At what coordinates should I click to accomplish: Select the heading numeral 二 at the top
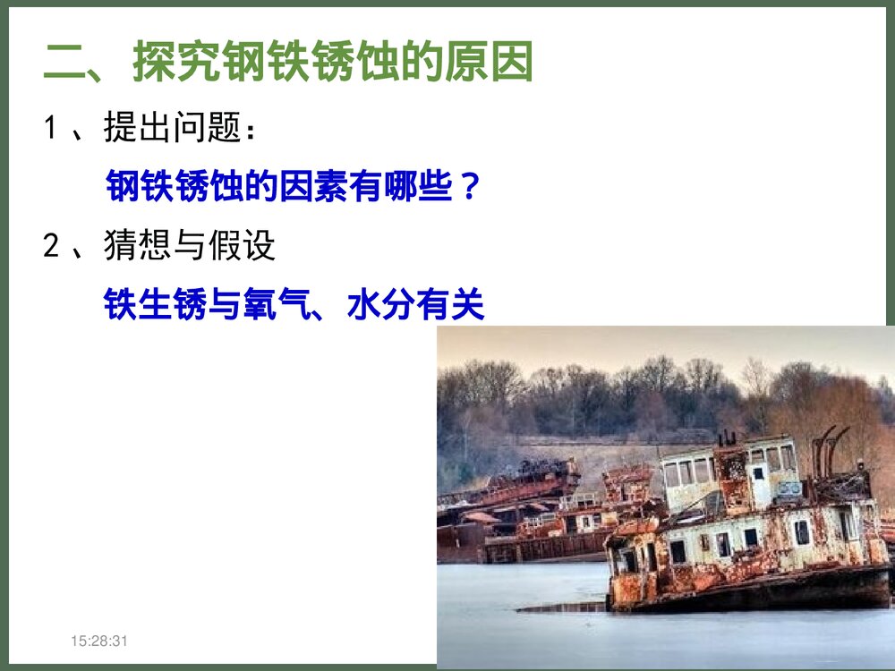pos(64,63)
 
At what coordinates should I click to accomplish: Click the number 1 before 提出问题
pos(51,129)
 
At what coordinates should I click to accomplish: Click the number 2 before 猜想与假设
pos(51,246)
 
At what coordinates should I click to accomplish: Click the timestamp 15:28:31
pos(100,641)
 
